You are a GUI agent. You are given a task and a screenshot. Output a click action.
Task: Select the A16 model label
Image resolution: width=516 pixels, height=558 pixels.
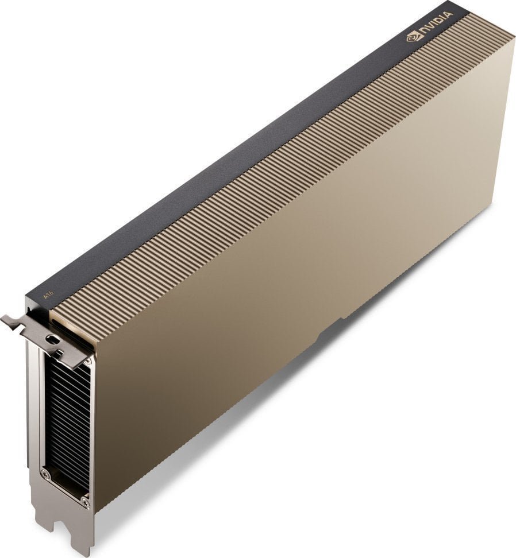(48, 294)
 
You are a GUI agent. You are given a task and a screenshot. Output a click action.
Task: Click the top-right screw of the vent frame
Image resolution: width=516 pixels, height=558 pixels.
(87, 362)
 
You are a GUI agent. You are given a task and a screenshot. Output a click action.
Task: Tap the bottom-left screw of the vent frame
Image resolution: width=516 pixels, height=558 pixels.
(45, 474)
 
